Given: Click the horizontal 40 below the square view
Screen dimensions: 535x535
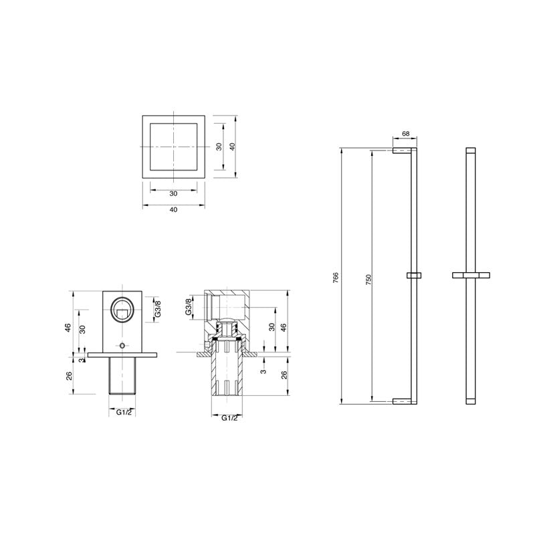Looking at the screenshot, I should point(173,209).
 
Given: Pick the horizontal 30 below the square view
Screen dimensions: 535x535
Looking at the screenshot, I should point(173,193).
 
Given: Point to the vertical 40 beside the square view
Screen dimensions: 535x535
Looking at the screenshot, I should point(232,146).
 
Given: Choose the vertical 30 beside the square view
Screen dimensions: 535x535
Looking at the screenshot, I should point(219,146).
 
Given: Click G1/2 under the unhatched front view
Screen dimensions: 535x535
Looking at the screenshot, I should point(123,413).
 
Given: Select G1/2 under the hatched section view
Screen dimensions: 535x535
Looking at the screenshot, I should point(229,418).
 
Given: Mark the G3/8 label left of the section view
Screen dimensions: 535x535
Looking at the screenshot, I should point(189,307).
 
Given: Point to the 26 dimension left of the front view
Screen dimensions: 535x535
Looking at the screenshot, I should point(68,375).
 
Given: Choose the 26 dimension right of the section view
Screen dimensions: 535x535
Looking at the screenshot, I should point(284,374).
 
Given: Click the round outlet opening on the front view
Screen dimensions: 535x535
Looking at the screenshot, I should point(122,311).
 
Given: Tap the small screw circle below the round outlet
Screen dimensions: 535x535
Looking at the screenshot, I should point(122,345).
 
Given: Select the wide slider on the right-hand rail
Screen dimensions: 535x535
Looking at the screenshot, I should point(471,274).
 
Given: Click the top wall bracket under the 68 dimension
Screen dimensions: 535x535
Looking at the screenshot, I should point(405,151).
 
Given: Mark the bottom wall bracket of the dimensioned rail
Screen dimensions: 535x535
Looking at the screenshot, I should point(405,401).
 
